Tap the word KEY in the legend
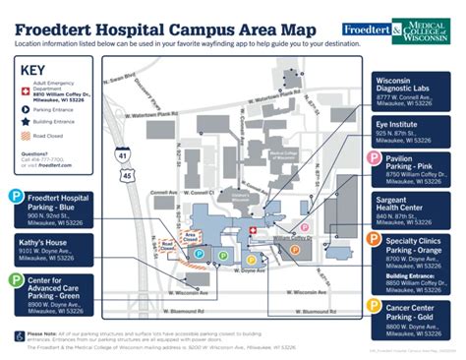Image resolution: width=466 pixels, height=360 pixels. [34, 71]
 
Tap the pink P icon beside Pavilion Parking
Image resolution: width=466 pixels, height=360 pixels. [374, 161]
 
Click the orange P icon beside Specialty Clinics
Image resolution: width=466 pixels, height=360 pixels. [374, 239]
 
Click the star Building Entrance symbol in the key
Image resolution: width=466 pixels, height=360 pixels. [26, 123]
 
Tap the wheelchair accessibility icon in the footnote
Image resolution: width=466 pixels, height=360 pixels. [19, 336]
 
